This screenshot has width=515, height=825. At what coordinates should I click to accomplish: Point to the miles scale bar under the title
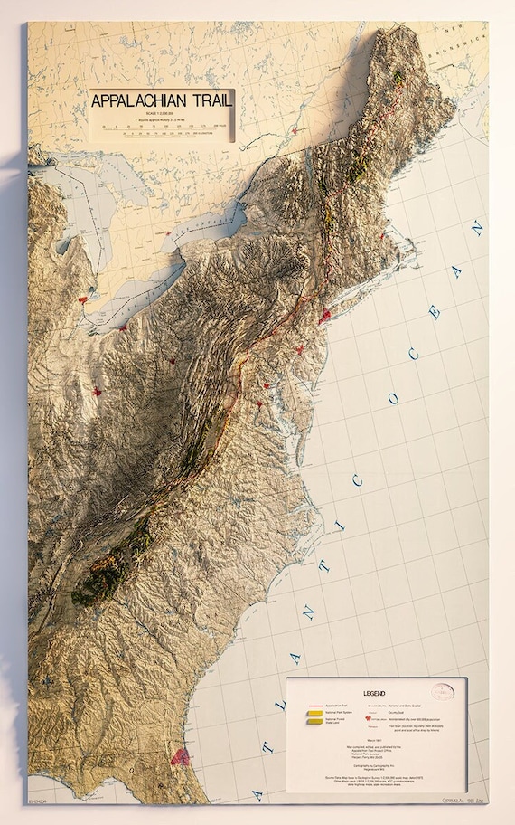[x=163, y=126]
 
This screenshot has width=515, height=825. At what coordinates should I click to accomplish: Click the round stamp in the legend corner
[x=442, y=692]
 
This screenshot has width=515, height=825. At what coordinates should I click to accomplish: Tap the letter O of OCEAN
[x=391, y=399]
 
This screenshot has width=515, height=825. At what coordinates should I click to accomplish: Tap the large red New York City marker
[x=324, y=316]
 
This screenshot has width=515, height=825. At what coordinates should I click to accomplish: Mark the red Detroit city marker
[x=84, y=298]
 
